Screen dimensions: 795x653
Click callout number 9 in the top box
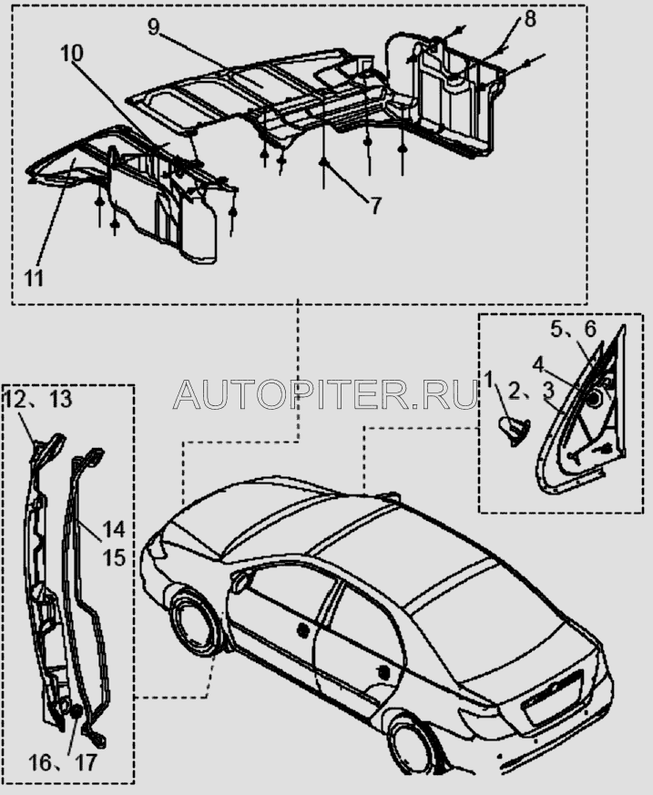pos(155,26)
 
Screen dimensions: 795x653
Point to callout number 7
pos(374,206)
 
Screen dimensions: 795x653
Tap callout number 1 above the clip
pos(489,377)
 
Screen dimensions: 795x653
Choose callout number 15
pos(113,555)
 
